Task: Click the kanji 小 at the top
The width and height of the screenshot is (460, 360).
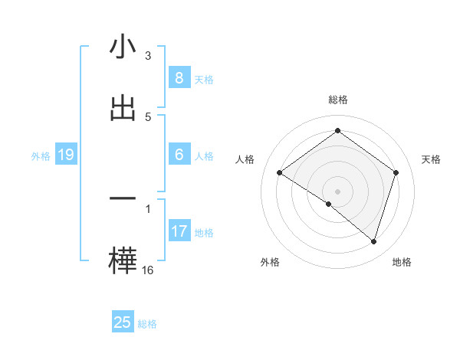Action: (x=123, y=47)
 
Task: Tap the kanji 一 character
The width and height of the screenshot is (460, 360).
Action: (x=123, y=198)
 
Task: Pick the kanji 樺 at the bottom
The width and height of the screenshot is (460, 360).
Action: (x=123, y=260)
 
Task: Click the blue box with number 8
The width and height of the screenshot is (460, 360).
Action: (x=179, y=77)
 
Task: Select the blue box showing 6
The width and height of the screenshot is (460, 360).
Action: (x=179, y=155)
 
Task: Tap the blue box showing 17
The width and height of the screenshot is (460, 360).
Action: (x=179, y=231)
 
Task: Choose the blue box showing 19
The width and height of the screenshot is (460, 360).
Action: (x=65, y=155)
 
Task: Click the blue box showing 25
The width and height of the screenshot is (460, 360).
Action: (x=123, y=322)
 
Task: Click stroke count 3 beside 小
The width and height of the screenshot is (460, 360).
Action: (x=148, y=56)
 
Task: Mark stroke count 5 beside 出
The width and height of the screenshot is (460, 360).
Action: (x=148, y=117)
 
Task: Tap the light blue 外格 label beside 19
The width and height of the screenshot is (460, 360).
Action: (x=41, y=156)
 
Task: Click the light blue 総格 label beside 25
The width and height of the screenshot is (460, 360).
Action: (x=147, y=324)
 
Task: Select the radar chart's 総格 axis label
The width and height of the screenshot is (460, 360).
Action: (x=337, y=100)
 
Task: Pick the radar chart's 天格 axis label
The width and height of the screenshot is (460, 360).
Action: (x=431, y=159)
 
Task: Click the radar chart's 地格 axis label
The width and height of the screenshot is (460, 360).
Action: (x=402, y=263)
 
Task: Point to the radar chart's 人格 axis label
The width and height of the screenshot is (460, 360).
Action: (x=245, y=159)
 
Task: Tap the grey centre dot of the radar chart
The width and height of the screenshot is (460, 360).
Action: (x=337, y=191)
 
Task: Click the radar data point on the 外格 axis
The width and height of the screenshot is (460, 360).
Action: (x=328, y=204)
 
